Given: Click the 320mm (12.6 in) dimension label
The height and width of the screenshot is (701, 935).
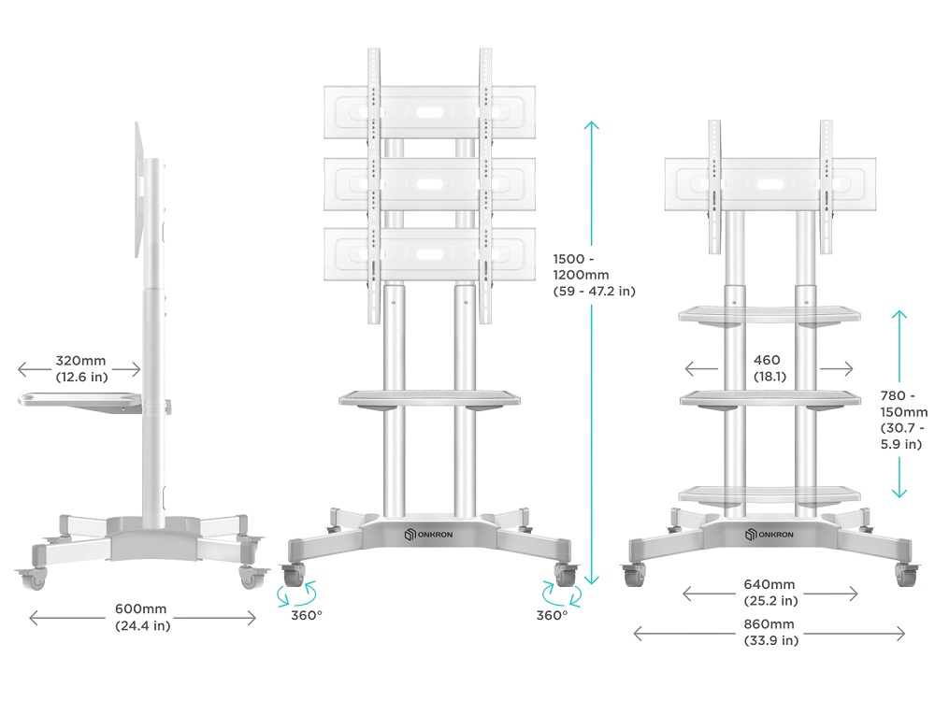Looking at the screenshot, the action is tap(81, 368).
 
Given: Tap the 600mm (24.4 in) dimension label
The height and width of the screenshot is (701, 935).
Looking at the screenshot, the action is tap(142, 617).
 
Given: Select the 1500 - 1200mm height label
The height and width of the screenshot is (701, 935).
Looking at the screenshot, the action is tap(594, 275).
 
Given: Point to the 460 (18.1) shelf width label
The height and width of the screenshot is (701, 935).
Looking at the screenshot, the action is tap(770, 367).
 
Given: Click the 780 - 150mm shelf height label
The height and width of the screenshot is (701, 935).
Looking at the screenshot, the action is tap(903, 420).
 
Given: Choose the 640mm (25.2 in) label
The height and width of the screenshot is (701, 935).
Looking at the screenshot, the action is tap(770, 593).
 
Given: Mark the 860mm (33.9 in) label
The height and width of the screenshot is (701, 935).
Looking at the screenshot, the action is tap(770, 632).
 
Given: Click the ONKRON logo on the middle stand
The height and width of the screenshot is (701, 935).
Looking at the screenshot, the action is tap(428, 534).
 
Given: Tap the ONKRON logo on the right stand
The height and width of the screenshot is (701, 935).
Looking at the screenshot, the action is tap(770, 534).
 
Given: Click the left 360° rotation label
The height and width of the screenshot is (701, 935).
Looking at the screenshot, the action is tap(307, 615).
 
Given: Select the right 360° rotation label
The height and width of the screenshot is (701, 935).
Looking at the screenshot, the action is tap(553, 615).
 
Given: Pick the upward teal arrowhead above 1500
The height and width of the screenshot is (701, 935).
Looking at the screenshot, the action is tap(591, 126).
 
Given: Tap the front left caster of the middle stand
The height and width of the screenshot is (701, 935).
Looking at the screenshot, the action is tap(294, 575).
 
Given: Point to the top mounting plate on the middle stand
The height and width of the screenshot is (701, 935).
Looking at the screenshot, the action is tap(429, 112).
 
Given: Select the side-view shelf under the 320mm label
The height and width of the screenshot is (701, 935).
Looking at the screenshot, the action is tap(79, 401).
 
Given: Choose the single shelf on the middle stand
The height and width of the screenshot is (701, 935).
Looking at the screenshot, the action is tap(429, 400).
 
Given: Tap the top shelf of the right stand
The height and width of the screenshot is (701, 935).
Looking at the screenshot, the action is tap(770, 316).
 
